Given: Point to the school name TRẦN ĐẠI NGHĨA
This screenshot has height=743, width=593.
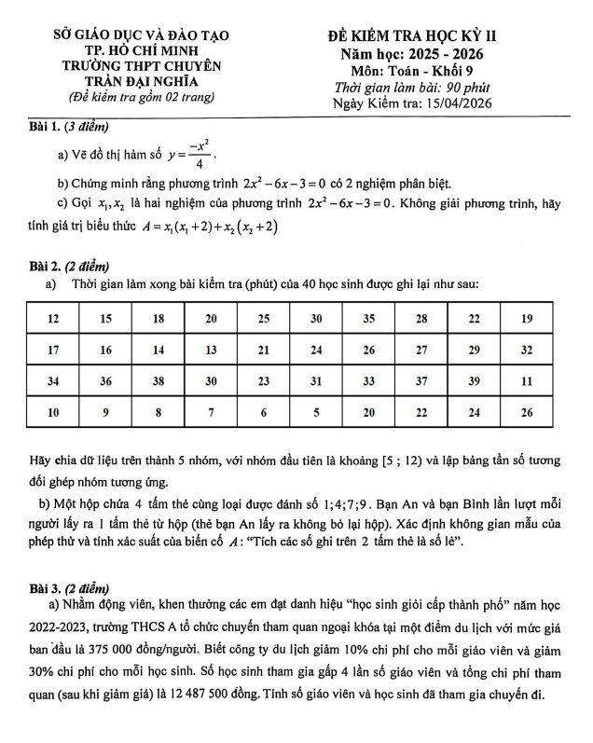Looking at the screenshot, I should (142, 81).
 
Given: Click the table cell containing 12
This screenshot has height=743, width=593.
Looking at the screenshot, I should (54, 319).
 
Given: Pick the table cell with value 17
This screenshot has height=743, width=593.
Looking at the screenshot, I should (54, 351).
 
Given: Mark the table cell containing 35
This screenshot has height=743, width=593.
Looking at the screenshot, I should (369, 319).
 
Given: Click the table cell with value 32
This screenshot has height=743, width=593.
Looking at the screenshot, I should (527, 351).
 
